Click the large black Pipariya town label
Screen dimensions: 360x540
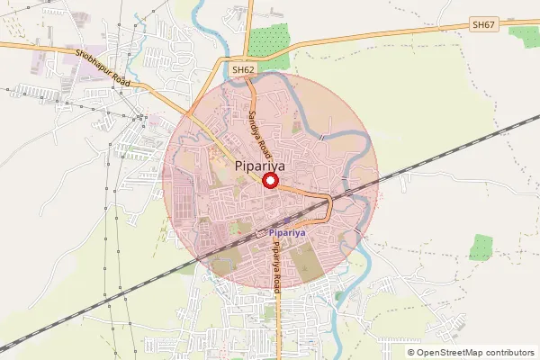coord(262,166)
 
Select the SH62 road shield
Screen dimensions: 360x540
coord(243,69)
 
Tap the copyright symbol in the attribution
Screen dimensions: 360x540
coord(411,352)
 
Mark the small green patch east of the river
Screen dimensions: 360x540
coord(483,247)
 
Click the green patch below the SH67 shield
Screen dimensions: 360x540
coord(523,35)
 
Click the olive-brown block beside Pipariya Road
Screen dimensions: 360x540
coord(303,261)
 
